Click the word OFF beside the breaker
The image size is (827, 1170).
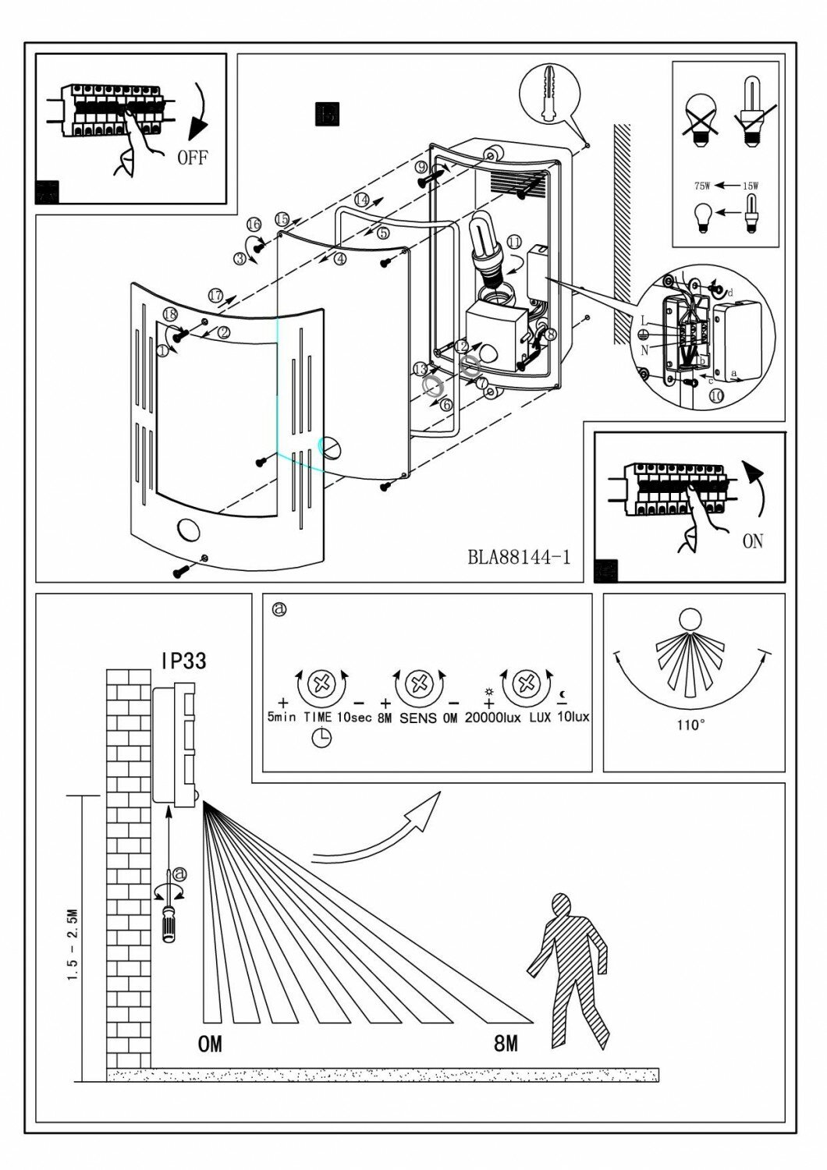click(193, 158)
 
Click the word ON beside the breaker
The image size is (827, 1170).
click(753, 541)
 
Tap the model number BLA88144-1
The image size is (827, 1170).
click(519, 557)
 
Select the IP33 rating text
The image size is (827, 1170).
click(183, 661)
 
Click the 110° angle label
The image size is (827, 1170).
click(690, 725)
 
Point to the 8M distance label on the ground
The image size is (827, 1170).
click(506, 1043)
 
